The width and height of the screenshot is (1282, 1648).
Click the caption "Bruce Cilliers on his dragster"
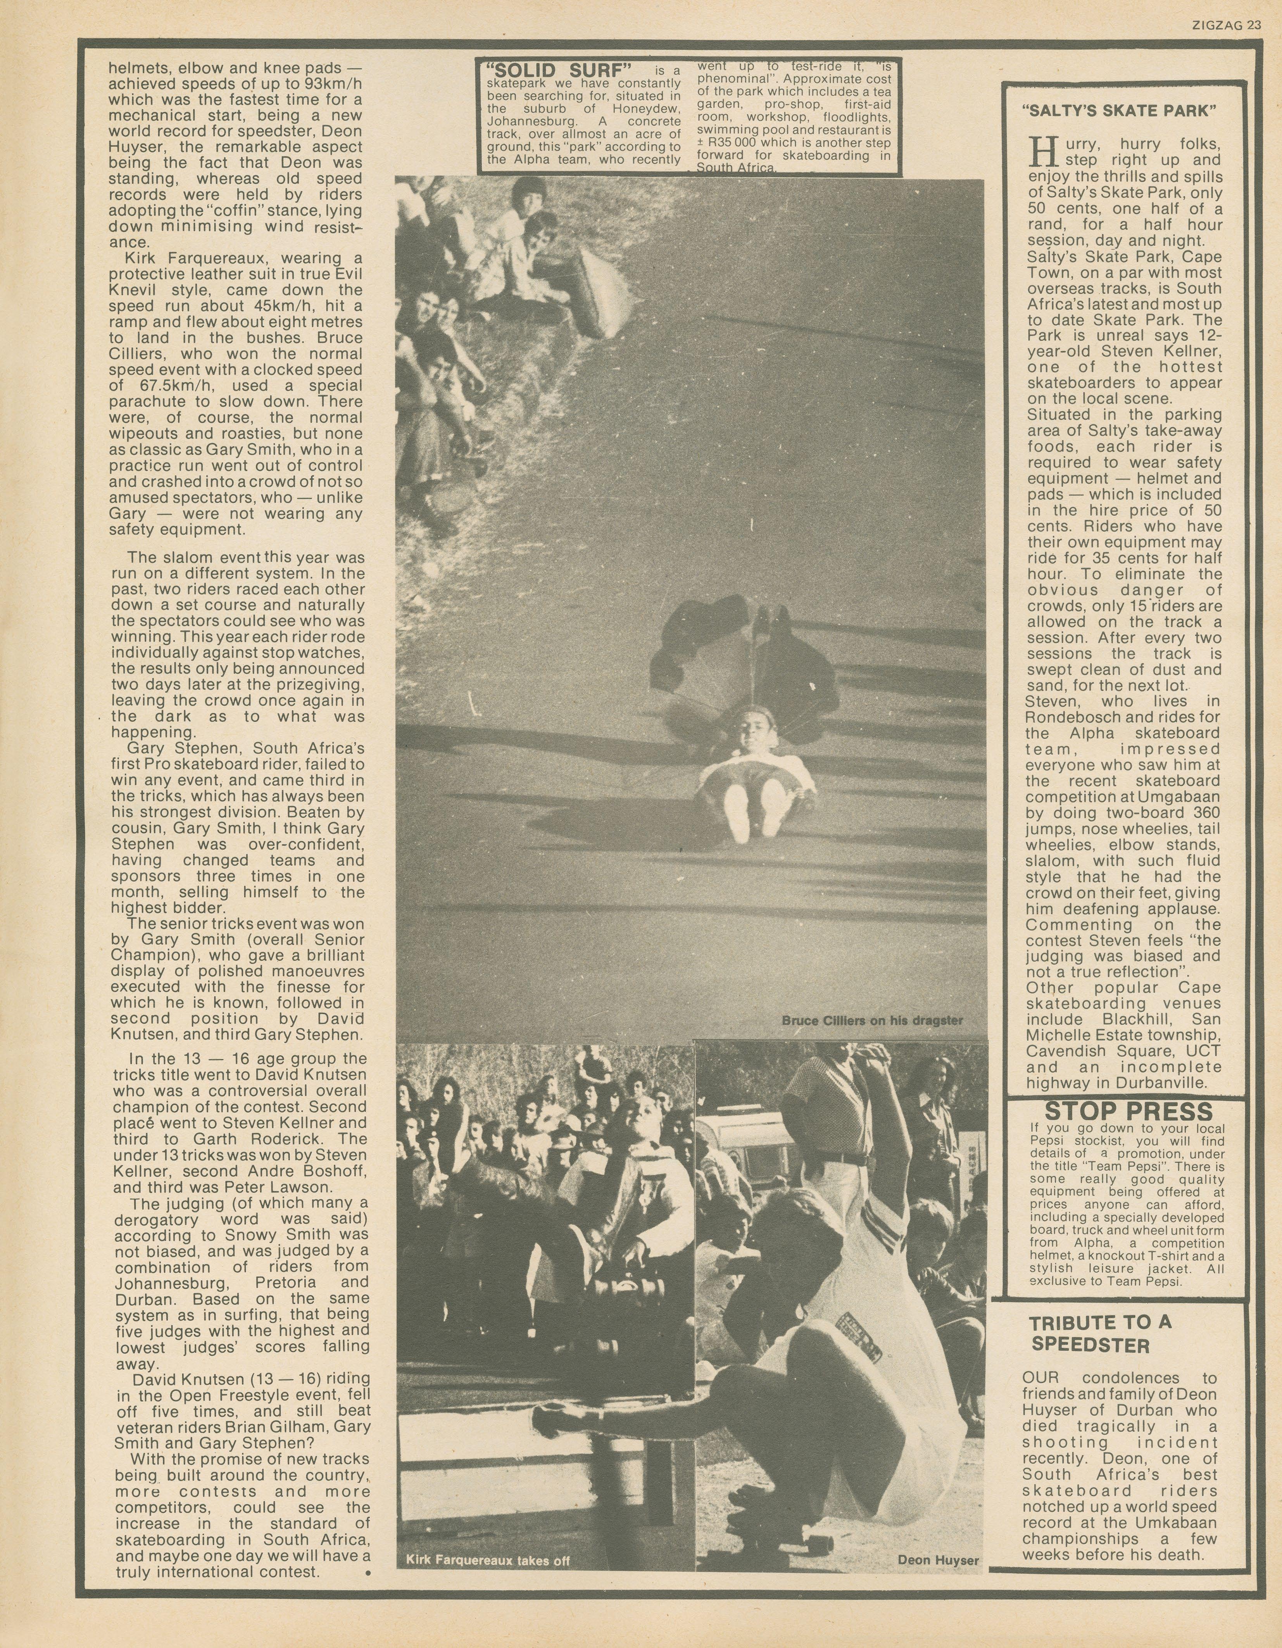pyautogui.click(x=871, y=1020)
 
